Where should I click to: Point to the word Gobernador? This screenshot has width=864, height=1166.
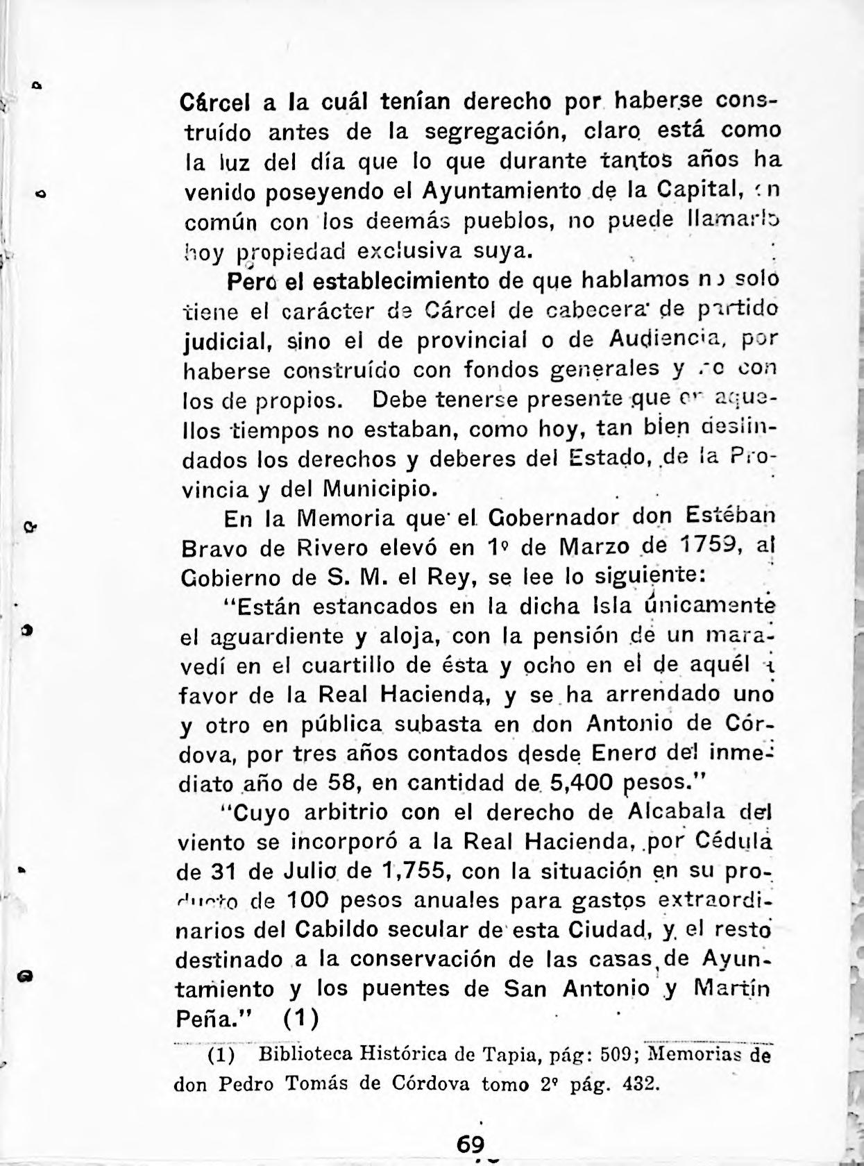[553, 518]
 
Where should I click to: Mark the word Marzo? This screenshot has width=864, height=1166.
[594, 548]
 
